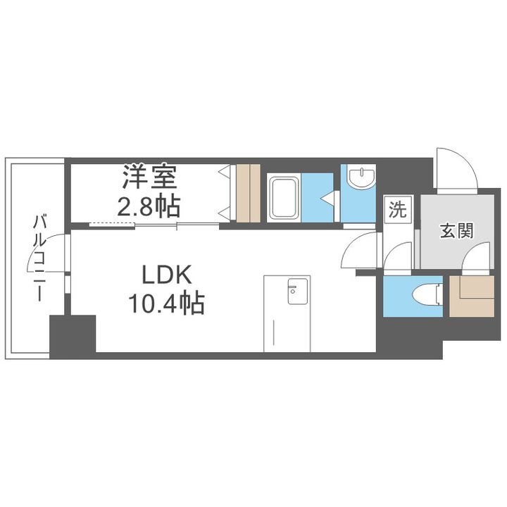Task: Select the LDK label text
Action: [166, 275]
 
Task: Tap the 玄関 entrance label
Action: [456, 230]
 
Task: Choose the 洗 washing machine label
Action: [398, 211]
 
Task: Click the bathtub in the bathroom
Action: [284, 199]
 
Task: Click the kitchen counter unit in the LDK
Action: [287, 313]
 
